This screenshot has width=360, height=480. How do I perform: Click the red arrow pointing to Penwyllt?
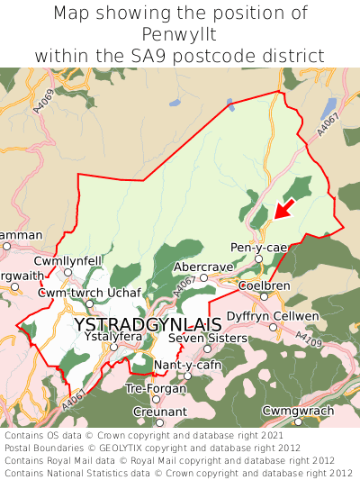[283, 209]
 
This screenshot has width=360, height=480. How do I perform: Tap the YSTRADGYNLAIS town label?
[148, 324]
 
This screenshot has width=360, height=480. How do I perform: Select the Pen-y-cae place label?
[259, 248]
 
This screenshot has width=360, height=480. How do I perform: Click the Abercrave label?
[203, 267]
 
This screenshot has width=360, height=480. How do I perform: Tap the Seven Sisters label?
[207, 338]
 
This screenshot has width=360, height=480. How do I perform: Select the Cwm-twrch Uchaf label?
[90, 294]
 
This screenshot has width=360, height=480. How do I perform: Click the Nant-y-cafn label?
[187, 365]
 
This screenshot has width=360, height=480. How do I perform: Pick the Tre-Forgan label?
[156, 389]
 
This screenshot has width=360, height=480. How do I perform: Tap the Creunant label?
[158, 412]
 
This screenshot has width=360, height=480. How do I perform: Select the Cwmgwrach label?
[297, 410]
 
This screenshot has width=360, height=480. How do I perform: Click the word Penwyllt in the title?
[179, 34]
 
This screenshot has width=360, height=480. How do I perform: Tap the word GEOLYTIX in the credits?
[124, 447]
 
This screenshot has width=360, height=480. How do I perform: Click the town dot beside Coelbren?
[264, 296]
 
